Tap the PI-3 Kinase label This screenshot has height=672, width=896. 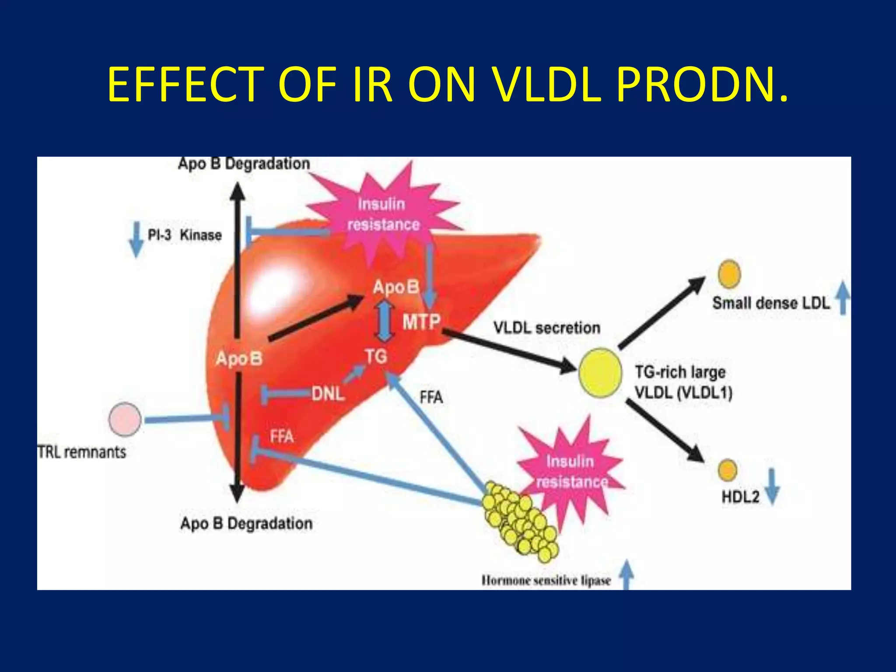[184, 235]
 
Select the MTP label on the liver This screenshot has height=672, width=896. [421, 322]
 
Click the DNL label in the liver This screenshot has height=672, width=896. [328, 394]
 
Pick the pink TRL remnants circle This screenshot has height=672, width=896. [125, 419]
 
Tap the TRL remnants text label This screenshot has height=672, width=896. [82, 452]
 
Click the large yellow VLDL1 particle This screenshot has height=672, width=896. [600, 372]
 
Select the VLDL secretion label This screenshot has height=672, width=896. [546, 328]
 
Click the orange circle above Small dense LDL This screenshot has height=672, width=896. [729, 274]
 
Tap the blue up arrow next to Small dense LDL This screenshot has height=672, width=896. [843, 298]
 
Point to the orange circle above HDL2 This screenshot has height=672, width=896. [727, 470]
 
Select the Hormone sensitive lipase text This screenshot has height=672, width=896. [546, 581]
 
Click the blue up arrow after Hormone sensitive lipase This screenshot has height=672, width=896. [626, 575]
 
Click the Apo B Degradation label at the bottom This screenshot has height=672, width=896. [246, 523]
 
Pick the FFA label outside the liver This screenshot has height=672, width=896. [431, 397]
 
